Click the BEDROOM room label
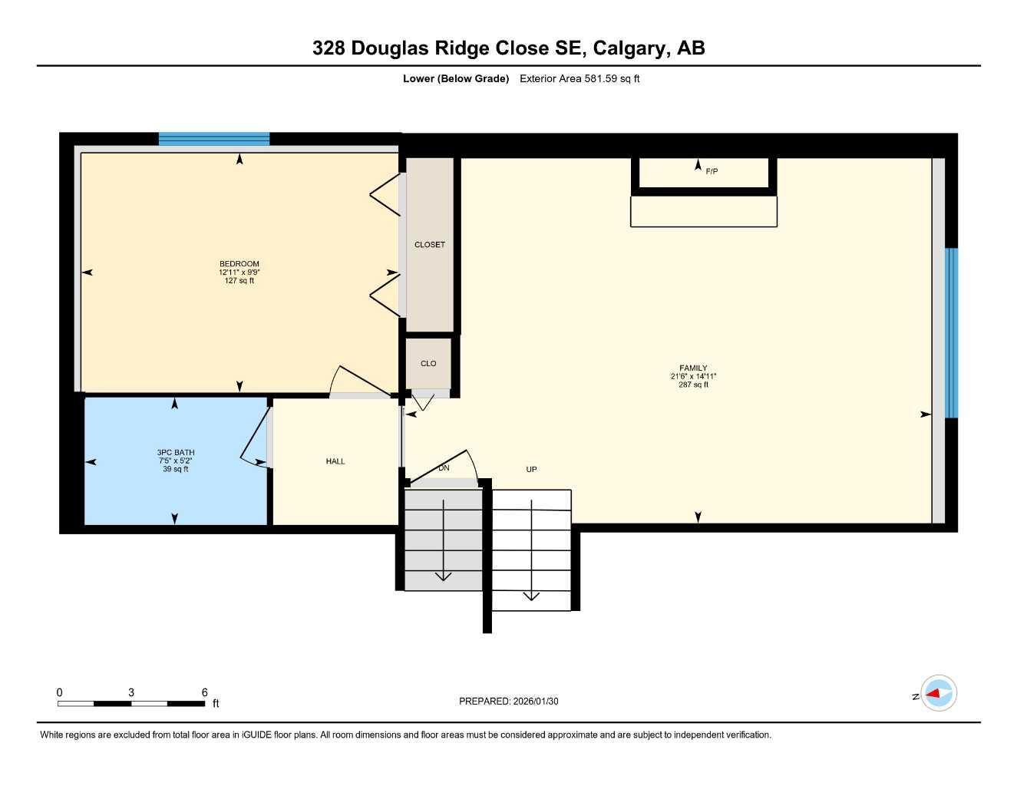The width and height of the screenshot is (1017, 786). tap(239, 264)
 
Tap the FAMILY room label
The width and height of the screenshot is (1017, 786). tap(693, 368)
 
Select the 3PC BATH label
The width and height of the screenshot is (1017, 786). tap(176, 453)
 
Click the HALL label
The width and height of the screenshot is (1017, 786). tap(335, 461)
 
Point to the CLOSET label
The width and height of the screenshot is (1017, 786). tap(430, 245)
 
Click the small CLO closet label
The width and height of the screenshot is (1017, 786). tap(428, 364)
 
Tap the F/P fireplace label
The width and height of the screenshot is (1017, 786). tap(712, 171)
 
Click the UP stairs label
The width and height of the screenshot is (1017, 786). tap(531, 469)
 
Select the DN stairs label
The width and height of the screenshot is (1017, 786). tap(444, 468)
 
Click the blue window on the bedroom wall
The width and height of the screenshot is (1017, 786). tap(214, 139)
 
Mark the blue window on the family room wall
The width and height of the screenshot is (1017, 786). tap(952, 332)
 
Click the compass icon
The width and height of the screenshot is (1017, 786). tap(938, 694)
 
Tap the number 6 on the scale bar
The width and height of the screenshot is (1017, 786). tap(204, 692)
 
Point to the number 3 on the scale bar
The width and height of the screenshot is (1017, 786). tap(131, 692)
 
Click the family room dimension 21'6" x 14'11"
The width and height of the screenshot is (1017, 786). tap(693, 376)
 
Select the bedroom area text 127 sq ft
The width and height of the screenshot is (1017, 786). tap(239, 281)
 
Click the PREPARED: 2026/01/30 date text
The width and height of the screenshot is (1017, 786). tap(509, 701)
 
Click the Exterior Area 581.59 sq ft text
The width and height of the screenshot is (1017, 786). tap(579, 78)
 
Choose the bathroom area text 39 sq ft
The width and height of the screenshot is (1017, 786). tap(176, 469)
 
